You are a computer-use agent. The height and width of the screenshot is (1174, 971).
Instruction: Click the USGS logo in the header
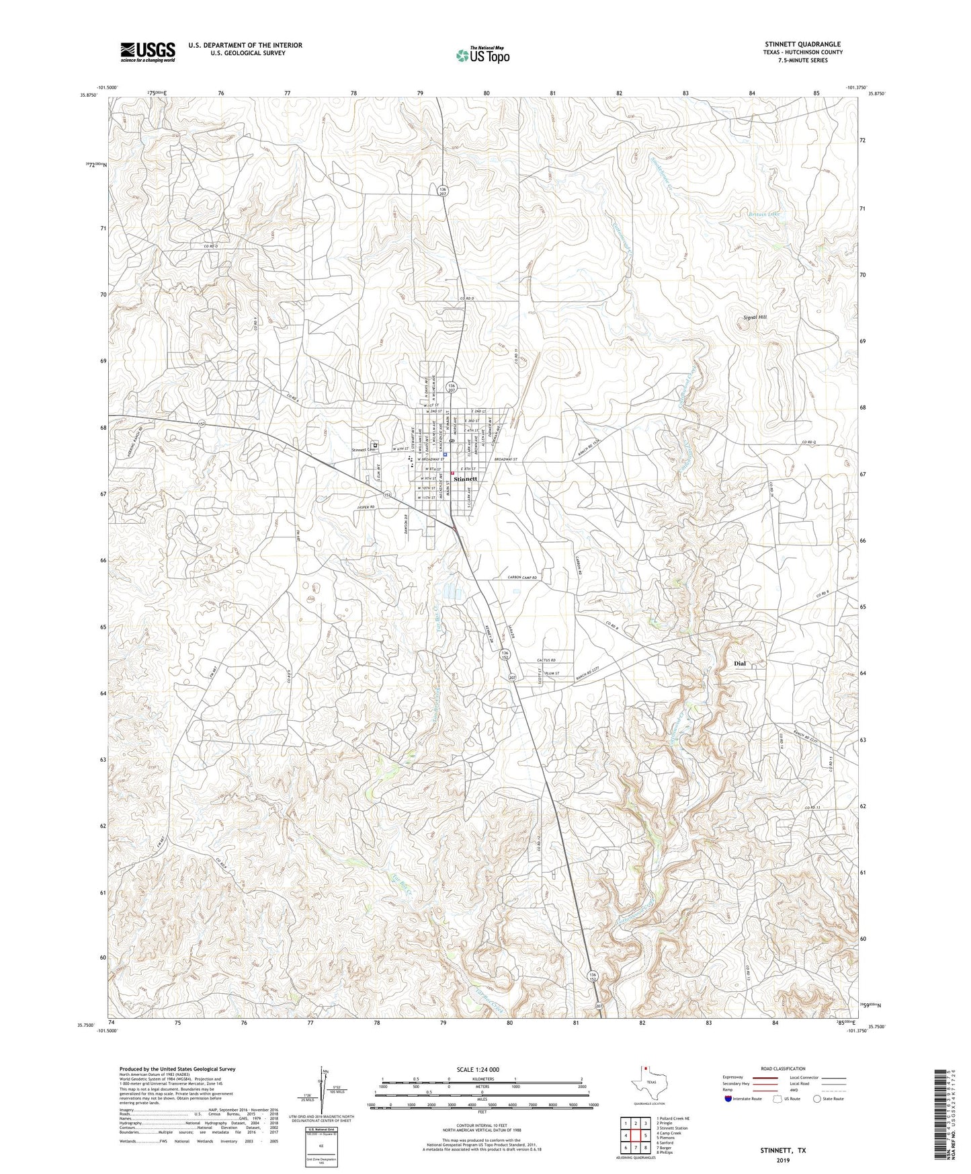pyautogui.click(x=148, y=52)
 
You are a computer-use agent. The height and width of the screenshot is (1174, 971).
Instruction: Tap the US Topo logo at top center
pyautogui.click(x=482, y=55)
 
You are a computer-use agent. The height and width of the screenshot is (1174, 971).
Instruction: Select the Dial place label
pyautogui.click(x=740, y=663)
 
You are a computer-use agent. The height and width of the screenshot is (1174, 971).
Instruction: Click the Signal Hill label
pyautogui.click(x=753, y=317)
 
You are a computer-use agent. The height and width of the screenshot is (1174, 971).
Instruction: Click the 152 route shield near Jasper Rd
pyautogui.click(x=388, y=495)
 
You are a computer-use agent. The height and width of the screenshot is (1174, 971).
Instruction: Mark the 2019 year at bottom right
pyautogui.click(x=782, y=1160)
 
